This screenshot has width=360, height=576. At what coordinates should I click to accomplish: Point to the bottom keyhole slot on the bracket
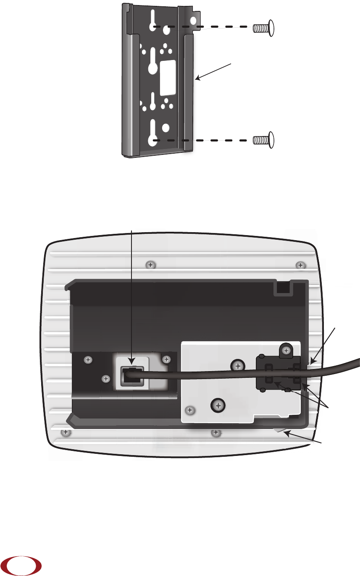click(x=153, y=134)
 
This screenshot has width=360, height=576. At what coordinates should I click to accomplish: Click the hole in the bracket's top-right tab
click(x=194, y=21)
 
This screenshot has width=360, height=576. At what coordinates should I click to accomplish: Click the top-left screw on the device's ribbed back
click(x=149, y=264)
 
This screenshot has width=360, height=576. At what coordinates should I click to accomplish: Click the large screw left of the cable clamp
click(x=238, y=366)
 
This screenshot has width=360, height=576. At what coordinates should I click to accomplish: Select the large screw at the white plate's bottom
click(x=218, y=405)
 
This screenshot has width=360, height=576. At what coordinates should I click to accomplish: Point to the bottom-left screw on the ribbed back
click(x=65, y=432)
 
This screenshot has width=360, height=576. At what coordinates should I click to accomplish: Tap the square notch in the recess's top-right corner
click(x=282, y=288)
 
